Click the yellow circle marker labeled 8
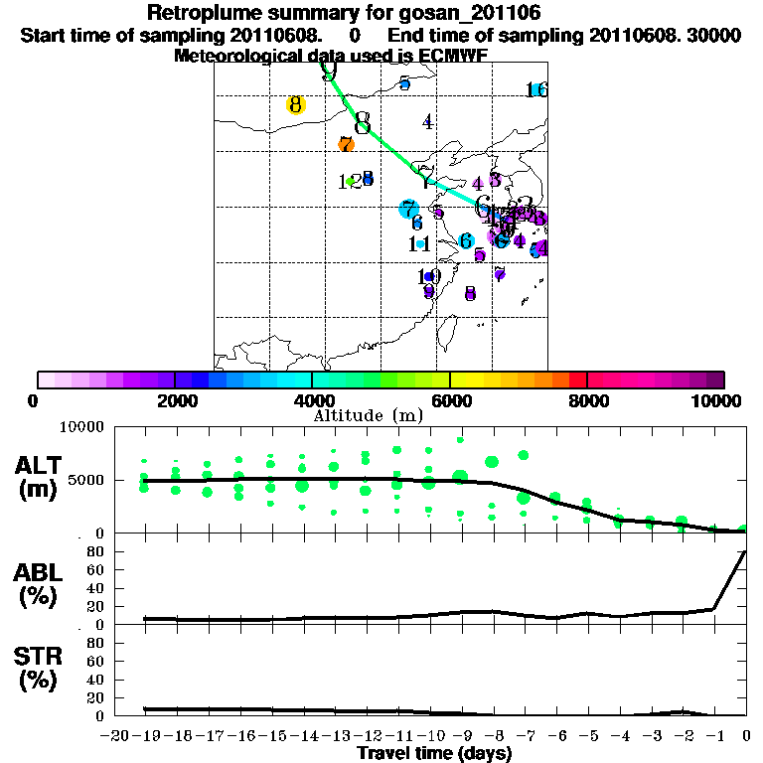[295, 104]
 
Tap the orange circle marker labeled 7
[346, 144]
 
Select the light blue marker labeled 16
[537, 89]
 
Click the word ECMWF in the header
[453, 56]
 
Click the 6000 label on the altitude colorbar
[449, 400]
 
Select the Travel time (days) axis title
[434, 754]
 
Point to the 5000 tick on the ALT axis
[88, 481]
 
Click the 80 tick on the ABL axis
[97, 550]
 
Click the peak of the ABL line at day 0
[745, 551]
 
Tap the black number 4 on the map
[427, 122]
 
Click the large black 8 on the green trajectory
[363, 123]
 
